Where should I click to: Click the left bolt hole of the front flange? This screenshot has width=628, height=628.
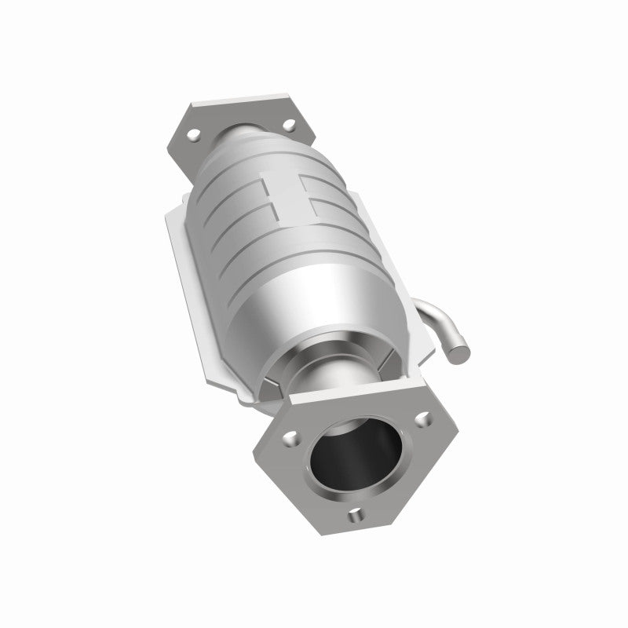293,433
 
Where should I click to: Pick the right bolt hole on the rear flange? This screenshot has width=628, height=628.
291,123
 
